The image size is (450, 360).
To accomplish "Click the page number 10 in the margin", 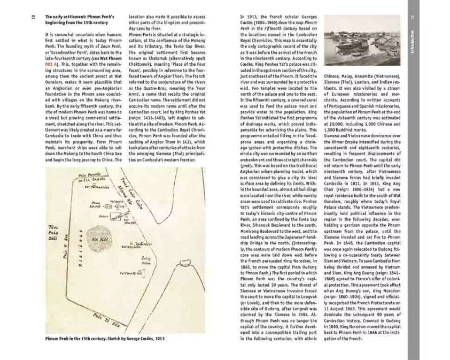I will pyautogui.click(x=33, y=18).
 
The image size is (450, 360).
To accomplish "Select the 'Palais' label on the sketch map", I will pyautogui.click(x=104, y=216).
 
